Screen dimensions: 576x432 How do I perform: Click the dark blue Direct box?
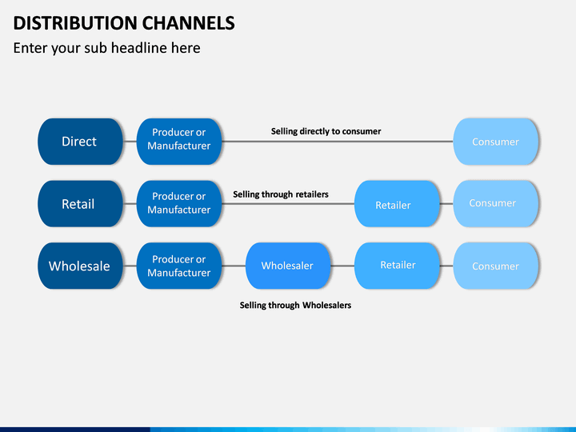(80, 142)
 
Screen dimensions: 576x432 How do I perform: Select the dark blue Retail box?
(80, 203)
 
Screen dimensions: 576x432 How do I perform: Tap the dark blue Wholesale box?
(80, 266)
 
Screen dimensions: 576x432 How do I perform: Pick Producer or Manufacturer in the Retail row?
(179, 203)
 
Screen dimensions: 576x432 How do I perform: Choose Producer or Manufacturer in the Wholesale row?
(179, 266)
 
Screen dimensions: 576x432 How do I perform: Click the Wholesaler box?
(288, 266)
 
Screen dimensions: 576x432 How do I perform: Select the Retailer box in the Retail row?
(397, 203)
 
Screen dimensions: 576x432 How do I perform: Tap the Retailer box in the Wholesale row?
(397, 266)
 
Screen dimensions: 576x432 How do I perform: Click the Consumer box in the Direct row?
(495, 142)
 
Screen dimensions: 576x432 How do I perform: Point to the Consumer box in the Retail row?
(495, 203)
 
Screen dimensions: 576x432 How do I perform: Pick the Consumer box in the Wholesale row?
(495, 266)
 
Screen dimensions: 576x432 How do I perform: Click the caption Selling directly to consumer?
(326, 131)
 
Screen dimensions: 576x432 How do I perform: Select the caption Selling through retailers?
(281, 194)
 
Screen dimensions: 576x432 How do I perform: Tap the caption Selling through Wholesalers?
(295, 306)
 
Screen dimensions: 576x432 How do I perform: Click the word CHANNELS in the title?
(189, 23)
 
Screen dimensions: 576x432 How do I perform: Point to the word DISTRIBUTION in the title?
(75, 23)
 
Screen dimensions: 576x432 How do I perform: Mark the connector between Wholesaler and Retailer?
(342, 266)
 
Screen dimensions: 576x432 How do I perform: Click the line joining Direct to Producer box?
(130, 142)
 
